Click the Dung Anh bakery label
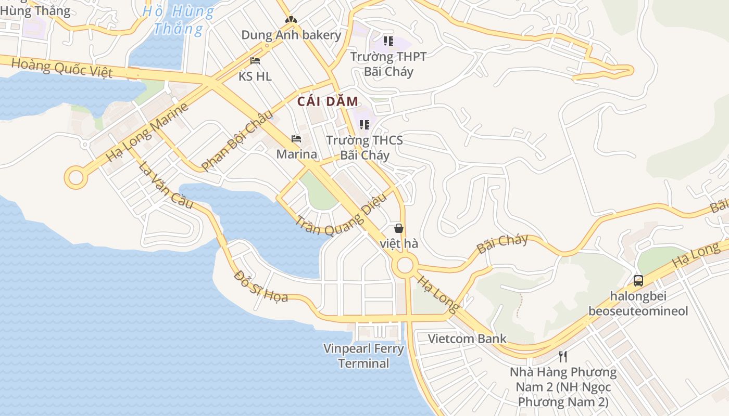pos(291,35)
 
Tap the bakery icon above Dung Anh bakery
pos(291,20)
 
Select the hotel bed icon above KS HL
pos(255,61)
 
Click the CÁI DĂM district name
pos(328,102)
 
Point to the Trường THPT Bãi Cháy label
pos(388,64)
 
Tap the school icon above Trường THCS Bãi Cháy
pos(364,124)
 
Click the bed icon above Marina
pos(296,139)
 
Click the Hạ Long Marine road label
pos(147,133)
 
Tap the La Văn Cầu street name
pos(166,186)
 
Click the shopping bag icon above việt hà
pos(398,228)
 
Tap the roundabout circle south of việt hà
pos(405,266)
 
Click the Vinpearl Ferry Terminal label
pos(363,356)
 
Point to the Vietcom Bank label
pos(467,339)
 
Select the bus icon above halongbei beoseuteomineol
pos(638,281)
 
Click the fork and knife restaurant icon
pos(562,357)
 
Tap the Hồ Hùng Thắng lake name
pos(178,20)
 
